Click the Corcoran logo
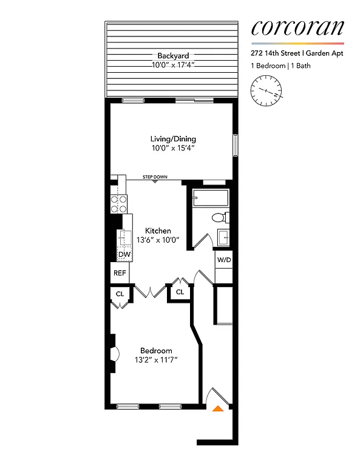pos(297,28)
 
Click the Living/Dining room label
pos(174,139)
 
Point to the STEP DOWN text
pos(155,177)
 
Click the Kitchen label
pos(157,231)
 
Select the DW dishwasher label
pos(124,254)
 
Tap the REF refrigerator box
pos(120,273)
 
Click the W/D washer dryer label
pos(224,260)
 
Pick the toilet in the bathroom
pos(219,217)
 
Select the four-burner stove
pos(118,203)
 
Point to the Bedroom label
pos(156,351)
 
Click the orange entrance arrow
pos(218,409)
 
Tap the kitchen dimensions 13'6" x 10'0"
pos(157,239)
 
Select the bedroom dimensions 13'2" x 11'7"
pos(156,360)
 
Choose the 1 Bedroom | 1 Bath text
pos(280,66)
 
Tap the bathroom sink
pos(222,237)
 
